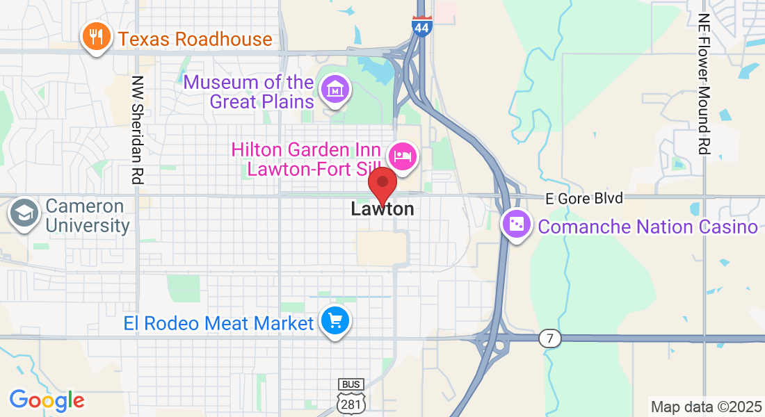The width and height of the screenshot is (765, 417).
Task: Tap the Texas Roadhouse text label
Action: (x=195, y=39)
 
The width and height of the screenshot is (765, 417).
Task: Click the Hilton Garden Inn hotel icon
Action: (x=403, y=156)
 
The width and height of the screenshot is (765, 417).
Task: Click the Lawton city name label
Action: (x=382, y=208)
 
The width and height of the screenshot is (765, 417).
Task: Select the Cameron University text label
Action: (x=88, y=216)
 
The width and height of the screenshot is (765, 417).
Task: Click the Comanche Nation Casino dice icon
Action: (x=517, y=224)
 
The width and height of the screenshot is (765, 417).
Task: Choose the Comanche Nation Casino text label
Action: (x=647, y=227)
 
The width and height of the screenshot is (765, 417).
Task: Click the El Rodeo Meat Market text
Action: (x=219, y=323)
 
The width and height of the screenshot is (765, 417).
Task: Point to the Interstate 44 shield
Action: (x=421, y=26)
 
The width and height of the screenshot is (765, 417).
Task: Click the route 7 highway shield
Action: (x=549, y=339)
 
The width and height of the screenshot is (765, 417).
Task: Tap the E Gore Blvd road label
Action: (x=583, y=199)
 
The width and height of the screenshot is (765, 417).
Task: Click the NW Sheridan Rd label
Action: (x=137, y=130)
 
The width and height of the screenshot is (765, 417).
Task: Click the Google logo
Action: (x=47, y=400)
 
